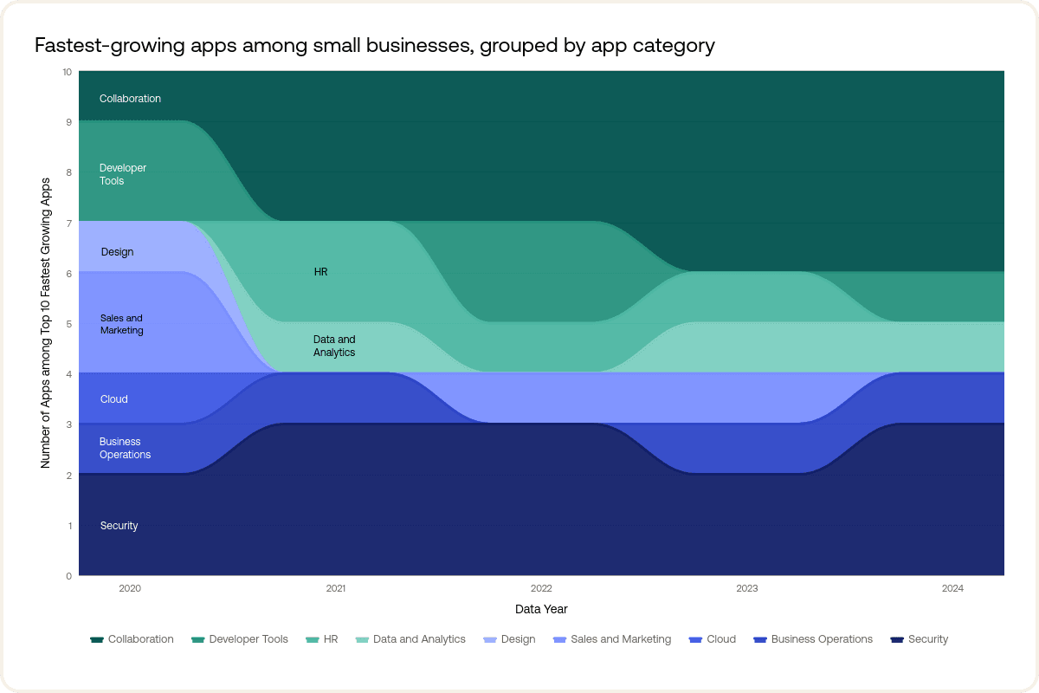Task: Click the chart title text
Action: click(374, 45)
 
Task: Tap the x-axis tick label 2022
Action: click(541, 588)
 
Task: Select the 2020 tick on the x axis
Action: click(130, 588)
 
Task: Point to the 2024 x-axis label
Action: click(952, 588)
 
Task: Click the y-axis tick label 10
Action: click(68, 72)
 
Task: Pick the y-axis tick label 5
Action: click(69, 324)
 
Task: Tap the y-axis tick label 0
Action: click(69, 575)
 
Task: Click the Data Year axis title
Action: click(541, 609)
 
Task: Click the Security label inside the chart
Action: click(119, 526)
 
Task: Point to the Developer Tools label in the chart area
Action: click(122, 174)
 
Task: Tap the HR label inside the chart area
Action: click(320, 272)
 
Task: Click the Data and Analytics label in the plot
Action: click(334, 346)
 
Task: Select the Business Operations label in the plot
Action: click(125, 448)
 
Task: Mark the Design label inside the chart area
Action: click(117, 252)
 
